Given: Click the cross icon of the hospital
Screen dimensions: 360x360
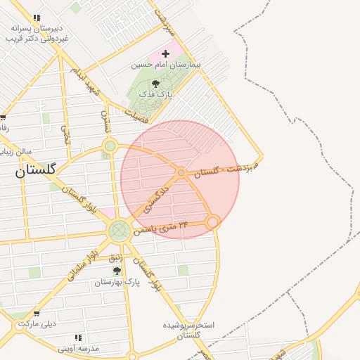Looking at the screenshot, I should click(166, 53).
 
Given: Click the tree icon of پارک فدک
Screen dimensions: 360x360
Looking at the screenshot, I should click(155, 84).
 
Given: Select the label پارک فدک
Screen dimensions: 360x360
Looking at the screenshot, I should click(155, 94).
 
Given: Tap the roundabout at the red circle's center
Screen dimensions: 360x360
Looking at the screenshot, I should click(181, 172).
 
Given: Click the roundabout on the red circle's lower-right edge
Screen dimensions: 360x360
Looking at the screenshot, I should click(213, 221).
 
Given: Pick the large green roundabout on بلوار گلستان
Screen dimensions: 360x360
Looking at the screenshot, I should click(119, 230).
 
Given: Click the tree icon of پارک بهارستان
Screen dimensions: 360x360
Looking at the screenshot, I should click(117, 271).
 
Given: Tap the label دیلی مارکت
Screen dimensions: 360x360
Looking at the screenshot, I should click(37, 324).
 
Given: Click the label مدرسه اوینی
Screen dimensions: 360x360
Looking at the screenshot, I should click(78, 348).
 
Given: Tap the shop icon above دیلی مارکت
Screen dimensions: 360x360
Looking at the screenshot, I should click(37, 314).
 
